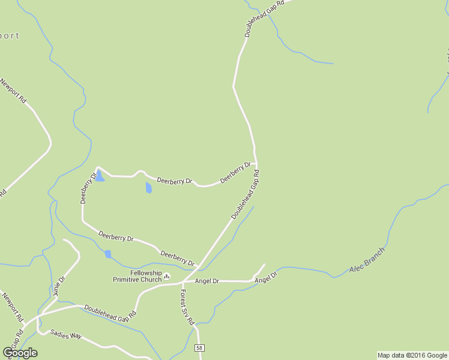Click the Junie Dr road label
(58, 287)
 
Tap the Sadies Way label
(66, 335)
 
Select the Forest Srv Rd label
(187, 307)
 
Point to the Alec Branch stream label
(367, 260)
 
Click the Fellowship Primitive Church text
(137, 276)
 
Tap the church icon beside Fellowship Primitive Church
(167, 277)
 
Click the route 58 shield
(200, 348)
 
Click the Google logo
(20, 353)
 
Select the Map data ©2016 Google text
(412, 355)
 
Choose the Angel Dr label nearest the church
(207, 281)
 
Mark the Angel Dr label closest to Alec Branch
(266, 278)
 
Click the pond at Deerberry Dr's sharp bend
(100, 176)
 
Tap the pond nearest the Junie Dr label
(108, 254)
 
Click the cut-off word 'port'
(9, 35)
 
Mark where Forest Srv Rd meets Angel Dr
(181, 283)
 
